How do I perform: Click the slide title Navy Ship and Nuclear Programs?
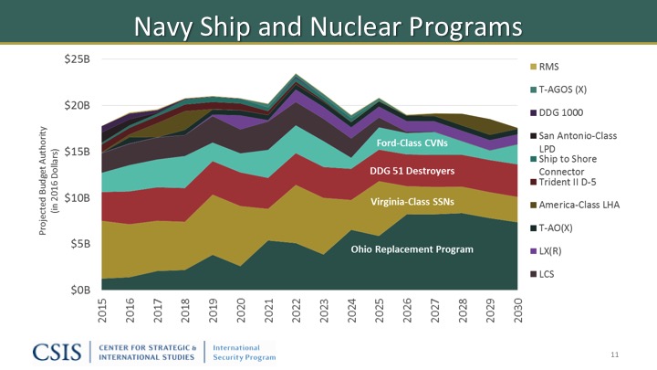[328, 26]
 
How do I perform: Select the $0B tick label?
[78, 290]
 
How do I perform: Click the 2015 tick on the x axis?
[100, 311]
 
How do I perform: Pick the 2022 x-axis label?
[295, 311]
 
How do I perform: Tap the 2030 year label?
[516, 311]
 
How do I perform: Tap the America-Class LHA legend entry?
[579, 205]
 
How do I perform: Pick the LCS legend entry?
[547, 274]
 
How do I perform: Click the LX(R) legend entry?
[551, 250]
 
